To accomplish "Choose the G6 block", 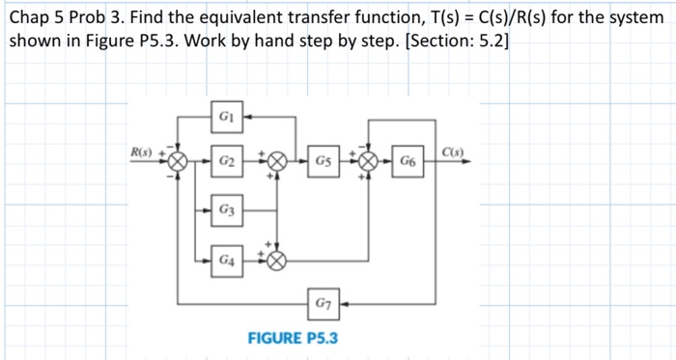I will coord(410,160).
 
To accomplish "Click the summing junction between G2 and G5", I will coord(277,160).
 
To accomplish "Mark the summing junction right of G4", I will coord(277,259).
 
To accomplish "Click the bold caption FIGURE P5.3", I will coord(290,338).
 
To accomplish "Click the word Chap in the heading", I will coord(29,18).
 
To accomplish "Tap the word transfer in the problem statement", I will coord(347,18).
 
